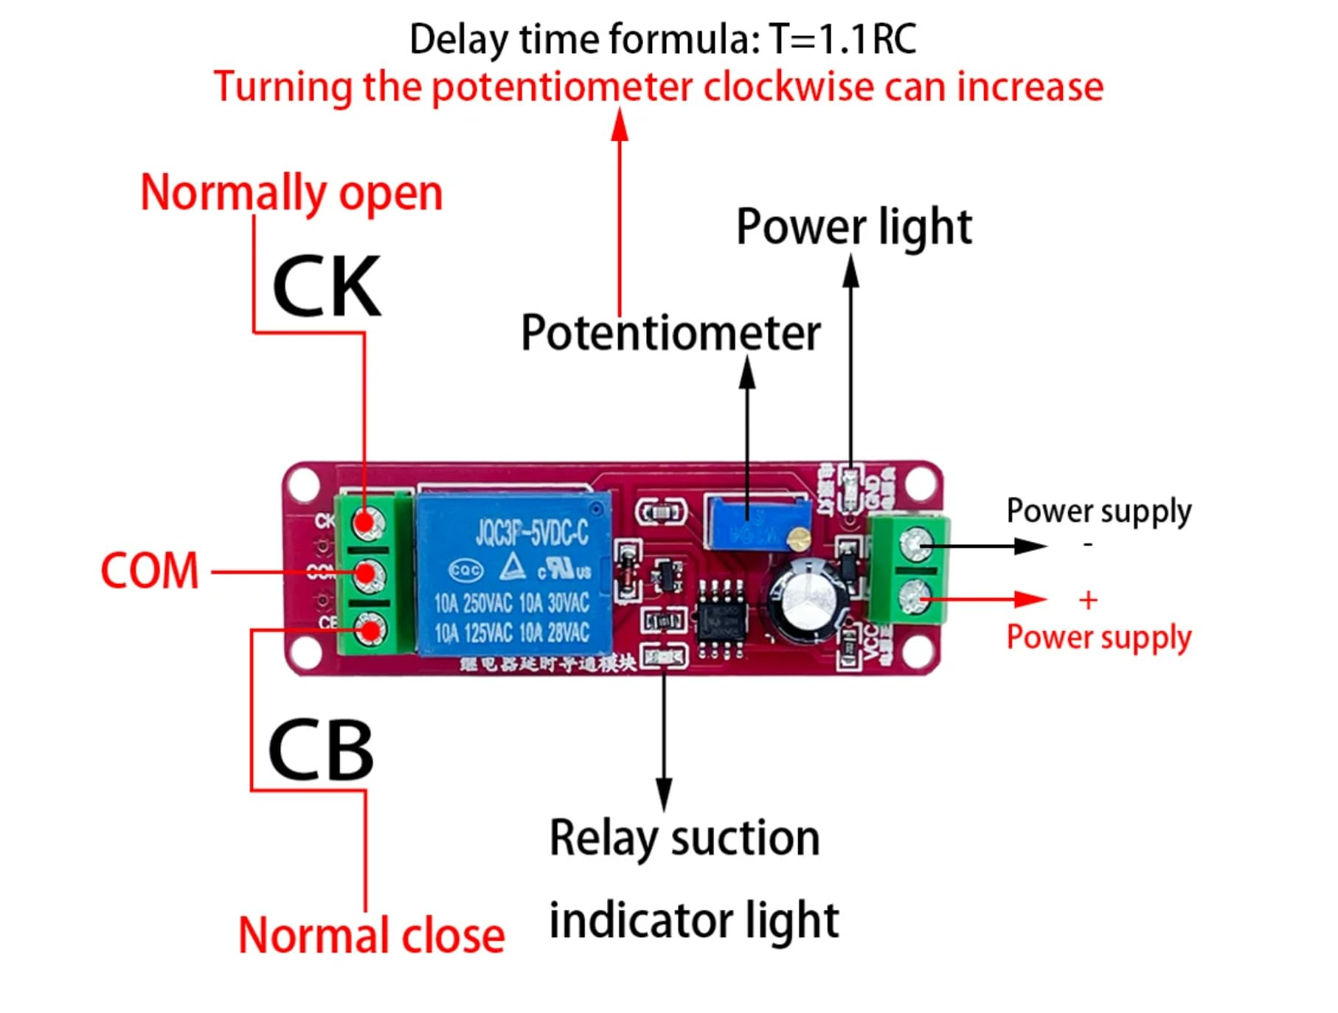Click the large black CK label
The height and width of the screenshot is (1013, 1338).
click(x=327, y=287)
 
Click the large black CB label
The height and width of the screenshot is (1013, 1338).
click(x=321, y=750)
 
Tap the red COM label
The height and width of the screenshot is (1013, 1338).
click(x=150, y=571)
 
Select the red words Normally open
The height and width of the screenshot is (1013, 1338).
click(x=291, y=192)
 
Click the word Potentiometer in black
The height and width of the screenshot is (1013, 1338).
click(x=670, y=333)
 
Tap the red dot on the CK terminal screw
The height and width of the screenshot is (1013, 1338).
click(x=364, y=523)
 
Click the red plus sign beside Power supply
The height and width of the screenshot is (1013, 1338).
click(x=1087, y=600)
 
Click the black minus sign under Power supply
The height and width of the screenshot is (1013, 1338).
click(x=1087, y=545)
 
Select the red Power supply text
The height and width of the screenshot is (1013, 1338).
click(x=1098, y=637)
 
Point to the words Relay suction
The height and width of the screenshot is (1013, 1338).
click(x=684, y=838)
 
